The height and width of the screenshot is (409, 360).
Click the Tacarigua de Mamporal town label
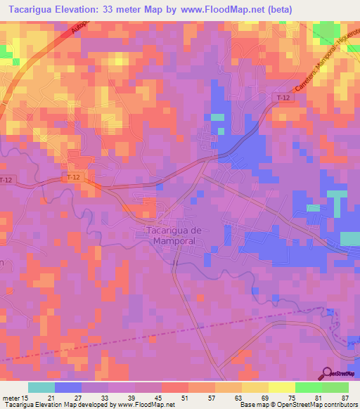tap(173, 235)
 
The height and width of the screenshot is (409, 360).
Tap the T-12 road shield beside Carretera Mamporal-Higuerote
tap(283, 98)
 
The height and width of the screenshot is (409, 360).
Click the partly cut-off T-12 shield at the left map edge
tap(6, 180)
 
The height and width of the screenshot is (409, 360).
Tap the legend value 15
tap(25, 397)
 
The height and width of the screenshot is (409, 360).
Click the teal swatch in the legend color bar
tap(41, 387)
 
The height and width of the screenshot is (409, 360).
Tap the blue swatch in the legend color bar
tap(68, 387)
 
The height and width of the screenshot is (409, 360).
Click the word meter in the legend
tap(10, 397)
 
